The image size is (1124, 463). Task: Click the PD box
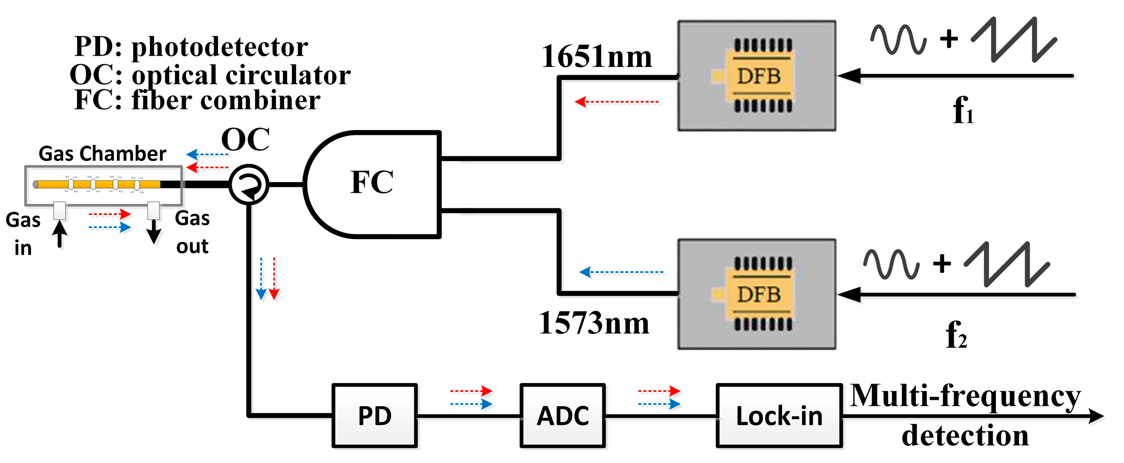coord(375,415)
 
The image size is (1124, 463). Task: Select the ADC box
coord(563,415)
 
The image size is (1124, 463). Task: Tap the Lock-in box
coord(779,415)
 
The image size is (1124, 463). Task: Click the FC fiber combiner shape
coord(372,183)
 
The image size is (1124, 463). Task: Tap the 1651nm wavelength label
coord(596,57)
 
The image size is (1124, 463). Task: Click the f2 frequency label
coord(956,335)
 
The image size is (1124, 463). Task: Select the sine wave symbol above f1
coord(898,40)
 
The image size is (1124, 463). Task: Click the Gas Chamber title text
coord(103,154)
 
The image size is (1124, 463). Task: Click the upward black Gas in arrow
coord(60,234)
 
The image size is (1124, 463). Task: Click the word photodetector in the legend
coord(220,47)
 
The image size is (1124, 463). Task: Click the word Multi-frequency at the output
coord(965,396)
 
